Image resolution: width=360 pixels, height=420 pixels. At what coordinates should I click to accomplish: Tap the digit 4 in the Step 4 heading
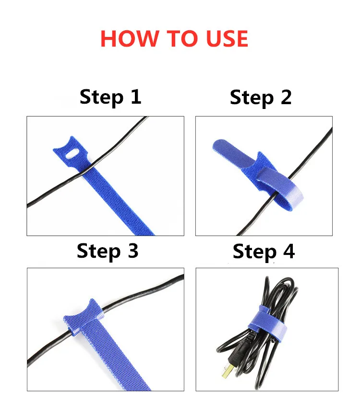288,252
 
